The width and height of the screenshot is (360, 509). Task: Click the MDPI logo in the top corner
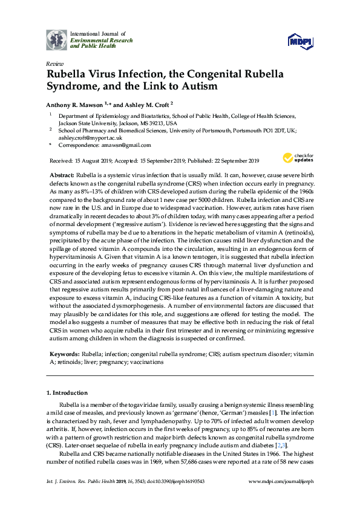tap(300, 41)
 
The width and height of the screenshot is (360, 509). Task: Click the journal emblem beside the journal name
tap(57, 39)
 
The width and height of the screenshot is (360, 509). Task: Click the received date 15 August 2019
tap(90, 160)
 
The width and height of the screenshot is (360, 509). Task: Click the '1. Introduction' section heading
tap(67, 393)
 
